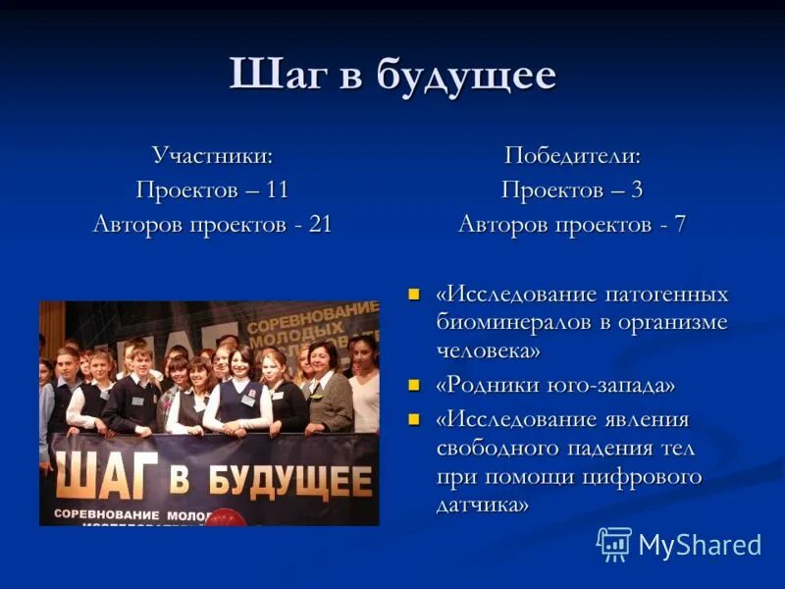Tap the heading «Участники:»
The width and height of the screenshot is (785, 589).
[x=212, y=155]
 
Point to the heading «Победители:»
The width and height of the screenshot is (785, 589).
[x=572, y=155]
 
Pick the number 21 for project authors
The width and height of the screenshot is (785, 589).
[x=320, y=224]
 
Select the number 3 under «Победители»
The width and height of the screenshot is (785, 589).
[x=637, y=189]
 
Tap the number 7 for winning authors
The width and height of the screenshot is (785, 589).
[x=679, y=224]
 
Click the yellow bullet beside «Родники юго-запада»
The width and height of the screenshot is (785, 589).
[x=414, y=385]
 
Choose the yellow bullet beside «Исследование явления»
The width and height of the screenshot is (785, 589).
[x=414, y=420]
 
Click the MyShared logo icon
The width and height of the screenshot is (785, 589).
[x=614, y=543]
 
